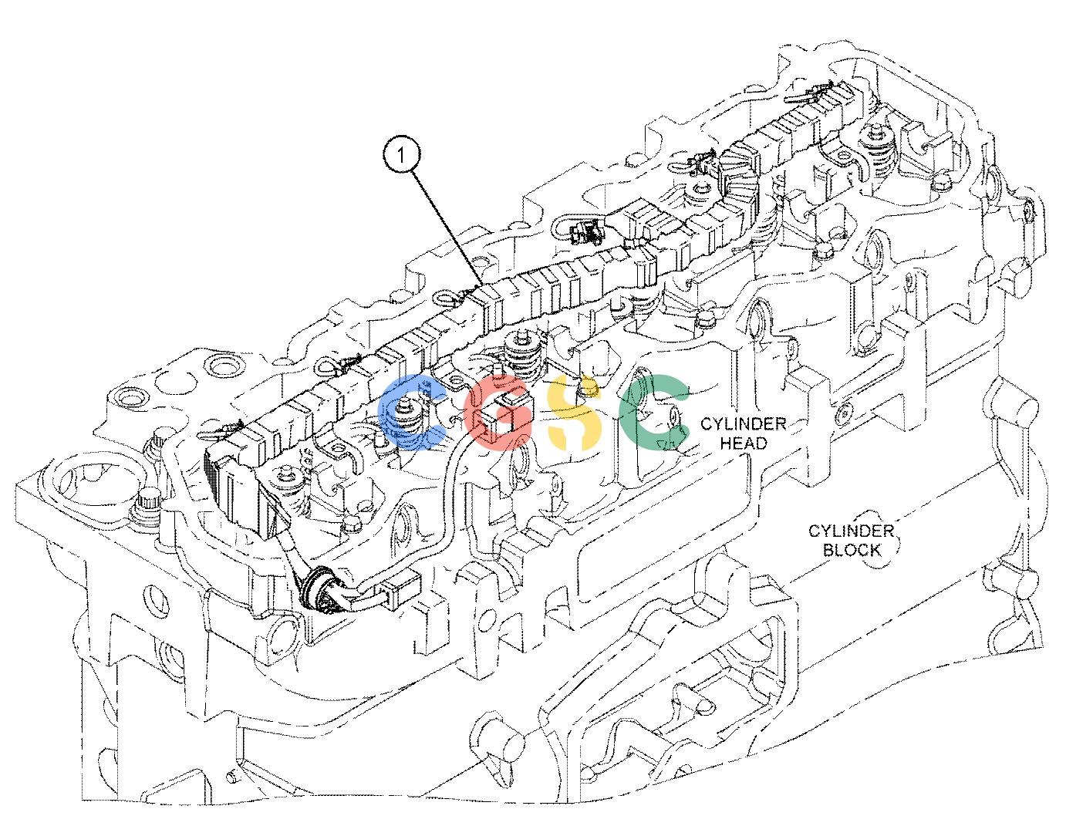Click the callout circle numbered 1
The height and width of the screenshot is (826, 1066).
401,156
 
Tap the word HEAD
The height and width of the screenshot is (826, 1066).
744,443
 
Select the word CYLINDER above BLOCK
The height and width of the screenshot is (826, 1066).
851,531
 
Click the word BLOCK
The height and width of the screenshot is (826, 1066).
852,550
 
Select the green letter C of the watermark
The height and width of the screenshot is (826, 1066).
653,412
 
